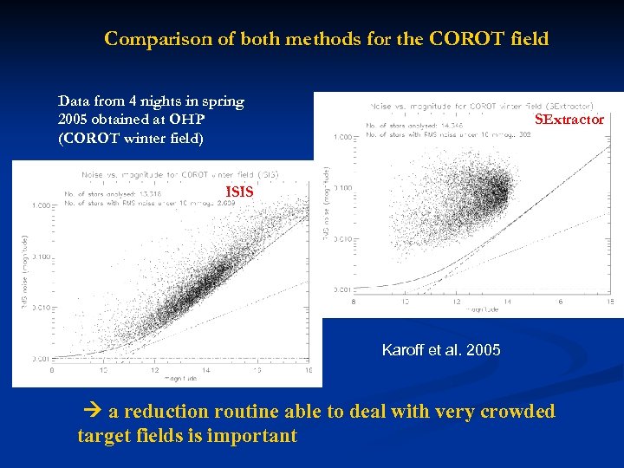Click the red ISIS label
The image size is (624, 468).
click(239, 192)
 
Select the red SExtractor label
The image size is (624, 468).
click(569, 120)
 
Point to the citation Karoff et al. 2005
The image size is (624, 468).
click(441, 350)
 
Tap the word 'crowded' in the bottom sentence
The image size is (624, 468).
click(515, 412)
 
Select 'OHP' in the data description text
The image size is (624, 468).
click(186, 119)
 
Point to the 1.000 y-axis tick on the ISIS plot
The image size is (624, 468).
click(40, 205)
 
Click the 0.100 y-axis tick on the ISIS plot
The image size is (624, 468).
click(40, 257)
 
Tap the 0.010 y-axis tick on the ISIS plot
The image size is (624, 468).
click(40, 308)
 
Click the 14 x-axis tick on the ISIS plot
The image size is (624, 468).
click(205, 369)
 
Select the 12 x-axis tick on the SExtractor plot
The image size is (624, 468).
click(405, 302)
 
